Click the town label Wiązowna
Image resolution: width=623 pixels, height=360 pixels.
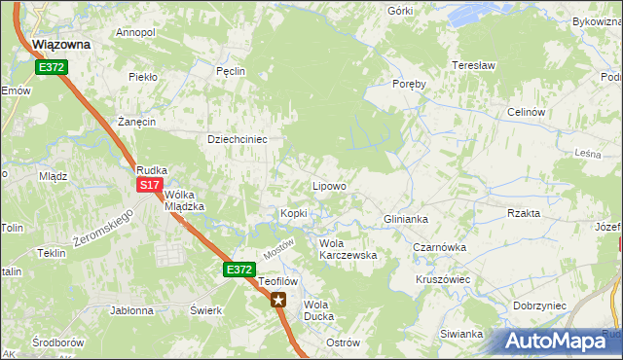61,45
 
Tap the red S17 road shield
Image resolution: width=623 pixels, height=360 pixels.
149,185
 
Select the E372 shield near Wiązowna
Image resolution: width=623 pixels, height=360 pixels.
52,67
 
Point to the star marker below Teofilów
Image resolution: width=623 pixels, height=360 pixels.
279,300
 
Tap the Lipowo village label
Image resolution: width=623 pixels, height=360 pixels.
328,186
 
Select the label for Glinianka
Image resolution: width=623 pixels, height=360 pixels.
406,220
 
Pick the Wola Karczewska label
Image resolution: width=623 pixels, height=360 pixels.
348,249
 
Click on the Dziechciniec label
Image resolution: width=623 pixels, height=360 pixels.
238,139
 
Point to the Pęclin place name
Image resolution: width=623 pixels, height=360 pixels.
231,71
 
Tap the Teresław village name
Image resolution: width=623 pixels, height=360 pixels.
474,65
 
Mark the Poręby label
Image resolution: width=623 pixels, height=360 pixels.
410,84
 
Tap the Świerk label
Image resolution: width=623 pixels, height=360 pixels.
206,310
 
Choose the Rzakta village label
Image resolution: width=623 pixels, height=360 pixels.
524,213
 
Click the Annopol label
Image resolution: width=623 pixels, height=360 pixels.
135,32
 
